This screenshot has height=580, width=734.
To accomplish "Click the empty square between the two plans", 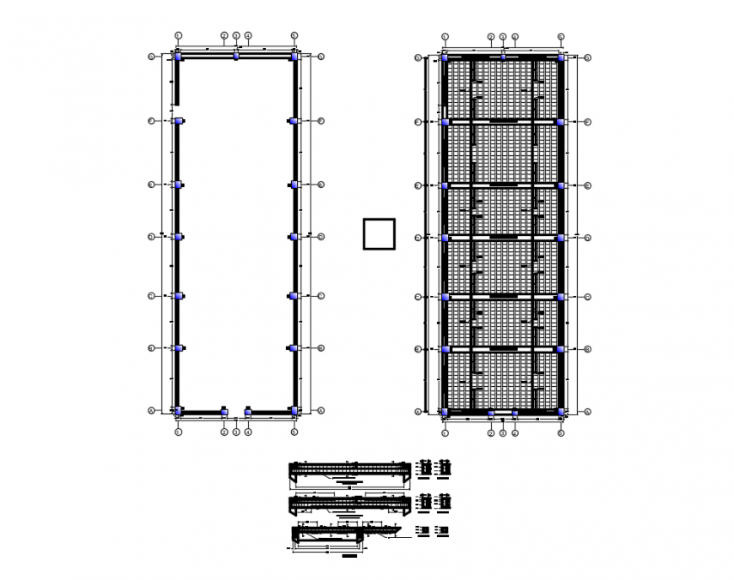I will [379, 234].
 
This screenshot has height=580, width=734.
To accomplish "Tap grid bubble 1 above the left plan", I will [178, 35].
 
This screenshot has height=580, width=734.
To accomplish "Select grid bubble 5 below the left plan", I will [294, 432].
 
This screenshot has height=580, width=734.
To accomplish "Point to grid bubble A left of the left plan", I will [152, 411].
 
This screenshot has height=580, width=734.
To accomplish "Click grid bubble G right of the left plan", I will [321, 57].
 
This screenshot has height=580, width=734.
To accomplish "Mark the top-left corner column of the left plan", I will [178, 57].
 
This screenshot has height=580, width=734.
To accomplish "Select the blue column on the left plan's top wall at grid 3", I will [236, 56].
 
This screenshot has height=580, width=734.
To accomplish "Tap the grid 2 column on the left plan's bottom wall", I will [224, 412].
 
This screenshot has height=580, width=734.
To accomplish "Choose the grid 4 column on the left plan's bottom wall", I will [248, 412].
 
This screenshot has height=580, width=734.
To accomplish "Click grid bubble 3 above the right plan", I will [503, 36].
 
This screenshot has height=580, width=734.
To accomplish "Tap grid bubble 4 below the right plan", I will [515, 432].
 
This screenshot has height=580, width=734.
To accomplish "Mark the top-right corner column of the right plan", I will [560, 57].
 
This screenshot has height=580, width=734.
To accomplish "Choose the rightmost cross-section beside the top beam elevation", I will [445, 466].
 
